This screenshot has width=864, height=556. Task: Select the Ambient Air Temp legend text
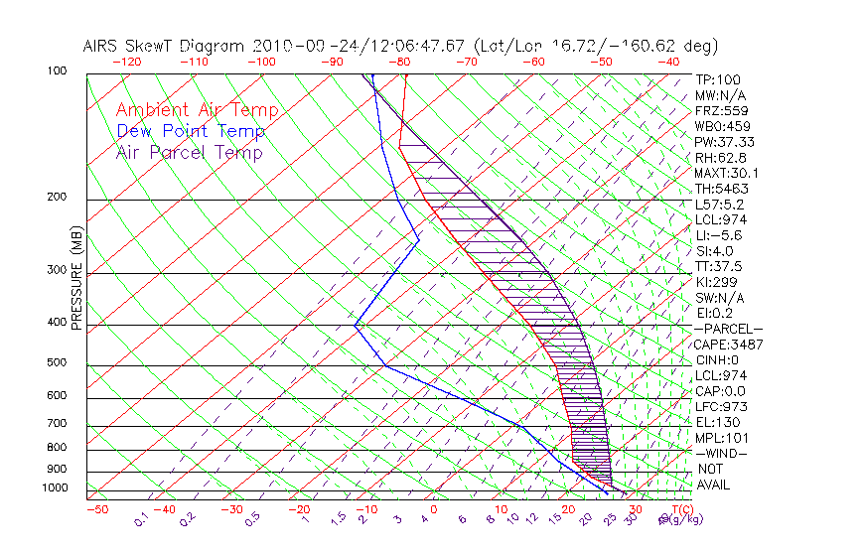(197, 110)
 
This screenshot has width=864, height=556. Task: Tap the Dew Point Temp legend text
(191, 131)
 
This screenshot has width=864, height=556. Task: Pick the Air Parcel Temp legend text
(190, 152)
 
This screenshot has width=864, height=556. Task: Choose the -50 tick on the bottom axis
(96, 509)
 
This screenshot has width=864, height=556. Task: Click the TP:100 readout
(718, 79)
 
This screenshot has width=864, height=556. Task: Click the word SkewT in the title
(186, 46)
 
